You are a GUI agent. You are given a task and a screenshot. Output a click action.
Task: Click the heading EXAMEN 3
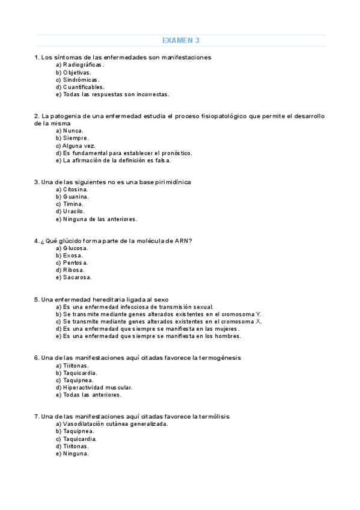[181, 40]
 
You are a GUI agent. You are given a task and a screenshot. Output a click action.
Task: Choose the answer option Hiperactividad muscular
[97, 388]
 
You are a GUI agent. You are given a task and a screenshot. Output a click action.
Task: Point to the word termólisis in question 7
[211, 416]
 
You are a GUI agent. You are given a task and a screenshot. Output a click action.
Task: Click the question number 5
[37, 300]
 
